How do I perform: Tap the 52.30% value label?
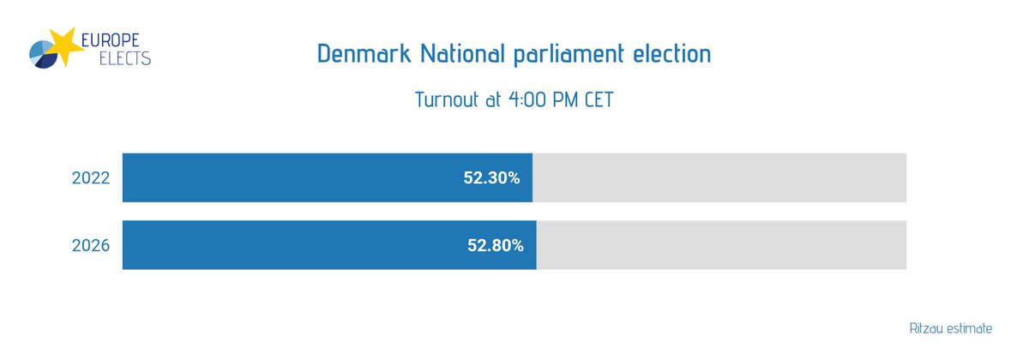[491, 178]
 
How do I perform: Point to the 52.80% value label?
[495, 245]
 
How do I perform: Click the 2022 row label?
[90, 178]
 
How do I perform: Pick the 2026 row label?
[90, 245]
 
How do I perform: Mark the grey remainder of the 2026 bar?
[720, 245]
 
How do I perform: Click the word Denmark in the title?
[364, 54]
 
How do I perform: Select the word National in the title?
[468, 54]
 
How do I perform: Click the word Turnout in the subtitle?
[446, 100]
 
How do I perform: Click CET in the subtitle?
[598, 100]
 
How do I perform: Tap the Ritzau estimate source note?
[950, 328]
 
